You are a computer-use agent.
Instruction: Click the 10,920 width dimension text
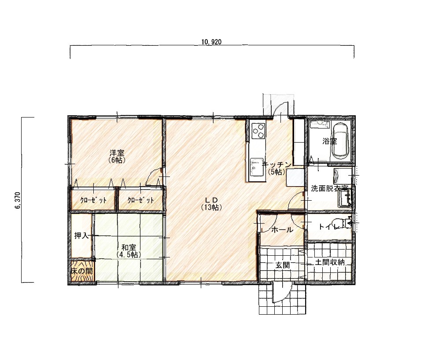pos(211,42)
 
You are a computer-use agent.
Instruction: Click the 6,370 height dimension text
pos(18,201)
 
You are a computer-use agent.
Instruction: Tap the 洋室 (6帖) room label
pos(117,156)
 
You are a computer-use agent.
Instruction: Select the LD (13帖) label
pos(211,204)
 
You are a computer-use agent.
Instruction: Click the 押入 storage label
pos(81,236)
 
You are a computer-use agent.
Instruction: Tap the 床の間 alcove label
pos(81,271)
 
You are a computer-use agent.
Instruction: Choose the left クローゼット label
pos(93,200)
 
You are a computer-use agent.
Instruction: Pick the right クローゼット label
pos(140,200)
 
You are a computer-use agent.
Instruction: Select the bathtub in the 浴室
pos(341,141)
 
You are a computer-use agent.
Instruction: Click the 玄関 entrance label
pos(283,265)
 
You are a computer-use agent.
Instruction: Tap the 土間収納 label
pos(330,262)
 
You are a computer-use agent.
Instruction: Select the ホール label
pos(282,230)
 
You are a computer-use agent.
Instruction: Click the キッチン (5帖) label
pos(277,168)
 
